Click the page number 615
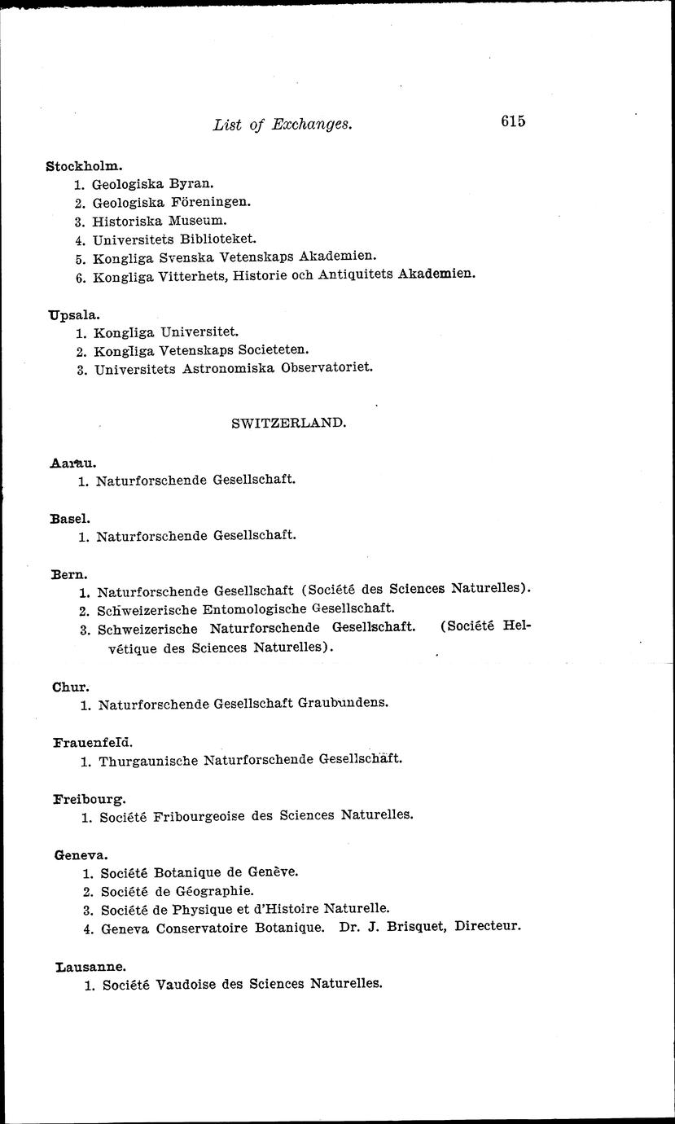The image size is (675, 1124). (x=513, y=121)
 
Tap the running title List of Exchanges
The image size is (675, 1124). (x=282, y=125)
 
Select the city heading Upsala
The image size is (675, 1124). (x=74, y=314)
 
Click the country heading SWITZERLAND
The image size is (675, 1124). (x=289, y=424)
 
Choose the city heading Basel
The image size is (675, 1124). (x=70, y=518)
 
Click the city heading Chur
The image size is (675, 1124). (x=70, y=686)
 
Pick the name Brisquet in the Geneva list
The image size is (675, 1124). (x=417, y=926)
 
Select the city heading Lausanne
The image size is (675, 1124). (x=90, y=967)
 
